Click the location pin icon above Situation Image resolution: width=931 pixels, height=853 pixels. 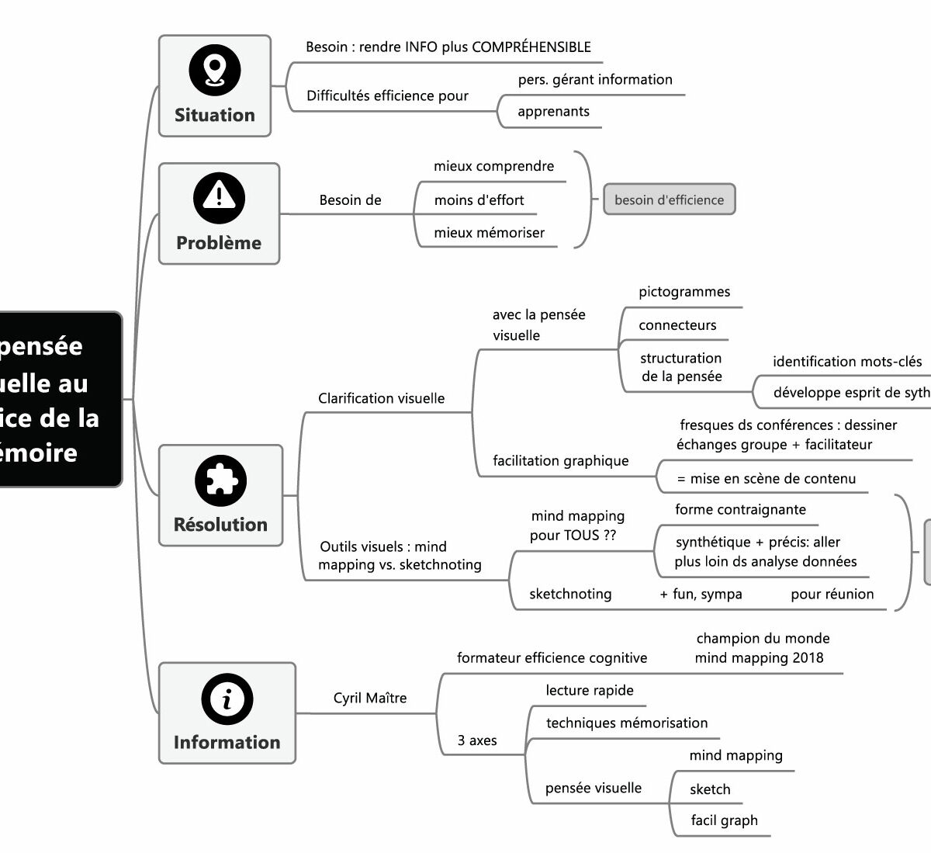point(215,71)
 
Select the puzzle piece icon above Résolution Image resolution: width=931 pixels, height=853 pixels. point(220,480)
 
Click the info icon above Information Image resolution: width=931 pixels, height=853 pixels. point(227,699)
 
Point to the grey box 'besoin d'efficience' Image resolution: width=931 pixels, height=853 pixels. point(669,200)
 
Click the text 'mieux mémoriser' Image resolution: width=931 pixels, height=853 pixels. point(489,233)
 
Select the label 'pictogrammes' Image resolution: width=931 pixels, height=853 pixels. point(684,293)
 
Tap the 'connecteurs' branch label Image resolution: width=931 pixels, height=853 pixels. point(677,326)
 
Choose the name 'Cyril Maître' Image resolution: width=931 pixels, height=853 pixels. point(370,698)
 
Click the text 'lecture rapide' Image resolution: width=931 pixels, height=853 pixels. point(590,691)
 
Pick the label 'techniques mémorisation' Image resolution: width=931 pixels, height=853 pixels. point(627,723)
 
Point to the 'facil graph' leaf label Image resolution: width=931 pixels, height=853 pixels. point(724,821)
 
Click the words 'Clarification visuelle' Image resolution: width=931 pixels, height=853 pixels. point(382,399)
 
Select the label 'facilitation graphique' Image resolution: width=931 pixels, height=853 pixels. point(561,461)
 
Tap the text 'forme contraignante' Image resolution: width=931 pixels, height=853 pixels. point(740,510)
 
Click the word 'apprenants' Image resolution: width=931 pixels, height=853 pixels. point(553,112)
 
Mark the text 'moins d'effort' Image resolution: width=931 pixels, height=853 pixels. point(479,200)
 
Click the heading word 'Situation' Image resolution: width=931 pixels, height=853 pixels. point(215,115)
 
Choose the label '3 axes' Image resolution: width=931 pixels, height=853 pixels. point(477,740)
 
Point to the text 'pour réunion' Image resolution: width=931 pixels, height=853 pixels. point(832,595)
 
